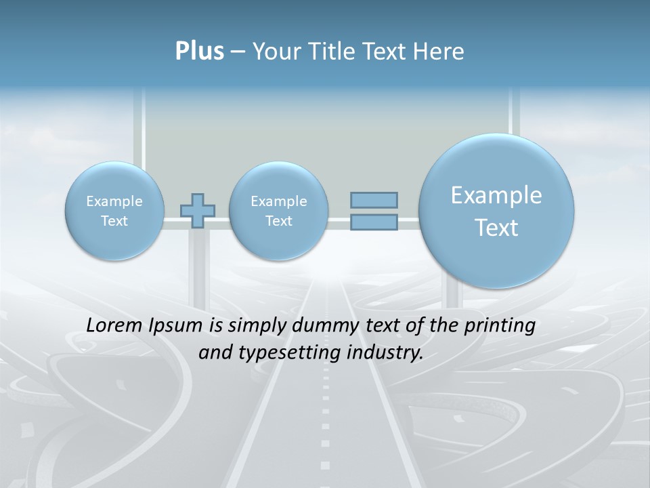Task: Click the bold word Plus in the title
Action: click(x=199, y=52)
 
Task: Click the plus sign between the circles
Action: click(x=198, y=210)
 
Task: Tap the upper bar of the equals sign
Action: click(x=374, y=200)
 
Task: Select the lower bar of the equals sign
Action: click(x=374, y=222)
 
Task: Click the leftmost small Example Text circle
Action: click(x=114, y=211)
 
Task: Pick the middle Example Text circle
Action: click(x=278, y=211)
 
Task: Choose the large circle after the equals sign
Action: click(x=496, y=211)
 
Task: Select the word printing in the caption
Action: click(x=500, y=326)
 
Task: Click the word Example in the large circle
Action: click(x=496, y=195)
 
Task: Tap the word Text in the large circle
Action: click(x=496, y=228)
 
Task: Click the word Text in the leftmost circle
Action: click(x=114, y=221)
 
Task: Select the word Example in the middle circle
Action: click(x=278, y=201)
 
